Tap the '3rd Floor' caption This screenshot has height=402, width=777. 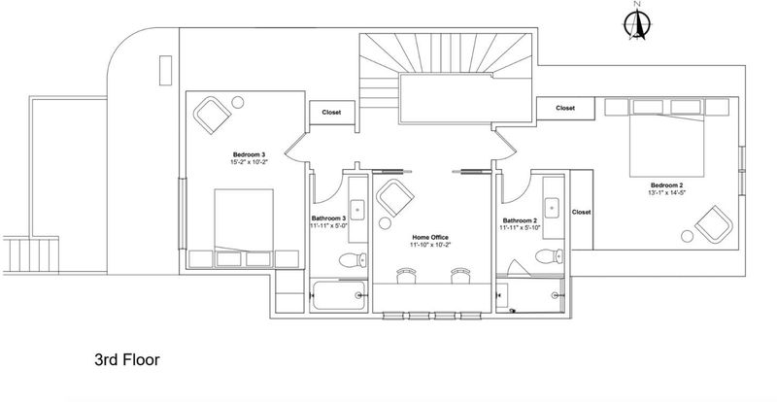click(127, 359)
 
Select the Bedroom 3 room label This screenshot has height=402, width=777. click(250, 154)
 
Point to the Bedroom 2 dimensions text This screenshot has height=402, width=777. click(667, 192)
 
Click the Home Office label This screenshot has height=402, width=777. click(430, 238)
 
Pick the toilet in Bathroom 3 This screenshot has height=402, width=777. click(353, 259)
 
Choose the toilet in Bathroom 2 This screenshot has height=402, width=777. click(549, 256)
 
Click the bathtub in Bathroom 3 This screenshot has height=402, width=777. click(339, 295)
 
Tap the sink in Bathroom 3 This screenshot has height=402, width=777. click(357, 210)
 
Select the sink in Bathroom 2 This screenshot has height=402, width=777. click(552, 208)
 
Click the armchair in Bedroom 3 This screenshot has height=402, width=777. click(212, 115)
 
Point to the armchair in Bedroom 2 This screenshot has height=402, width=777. click(714, 224)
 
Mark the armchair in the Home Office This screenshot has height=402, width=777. click(395, 198)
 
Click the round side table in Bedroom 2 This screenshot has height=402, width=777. click(687, 236)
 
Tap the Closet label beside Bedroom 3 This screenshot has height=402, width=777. click(331, 113)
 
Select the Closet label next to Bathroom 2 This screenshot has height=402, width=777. click(581, 212)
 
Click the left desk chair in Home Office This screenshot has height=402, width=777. click(406, 275)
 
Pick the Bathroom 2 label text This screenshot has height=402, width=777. click(520, 220)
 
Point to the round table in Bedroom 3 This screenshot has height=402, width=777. click(238, 103)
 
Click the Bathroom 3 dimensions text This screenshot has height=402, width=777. click(328, 226)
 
